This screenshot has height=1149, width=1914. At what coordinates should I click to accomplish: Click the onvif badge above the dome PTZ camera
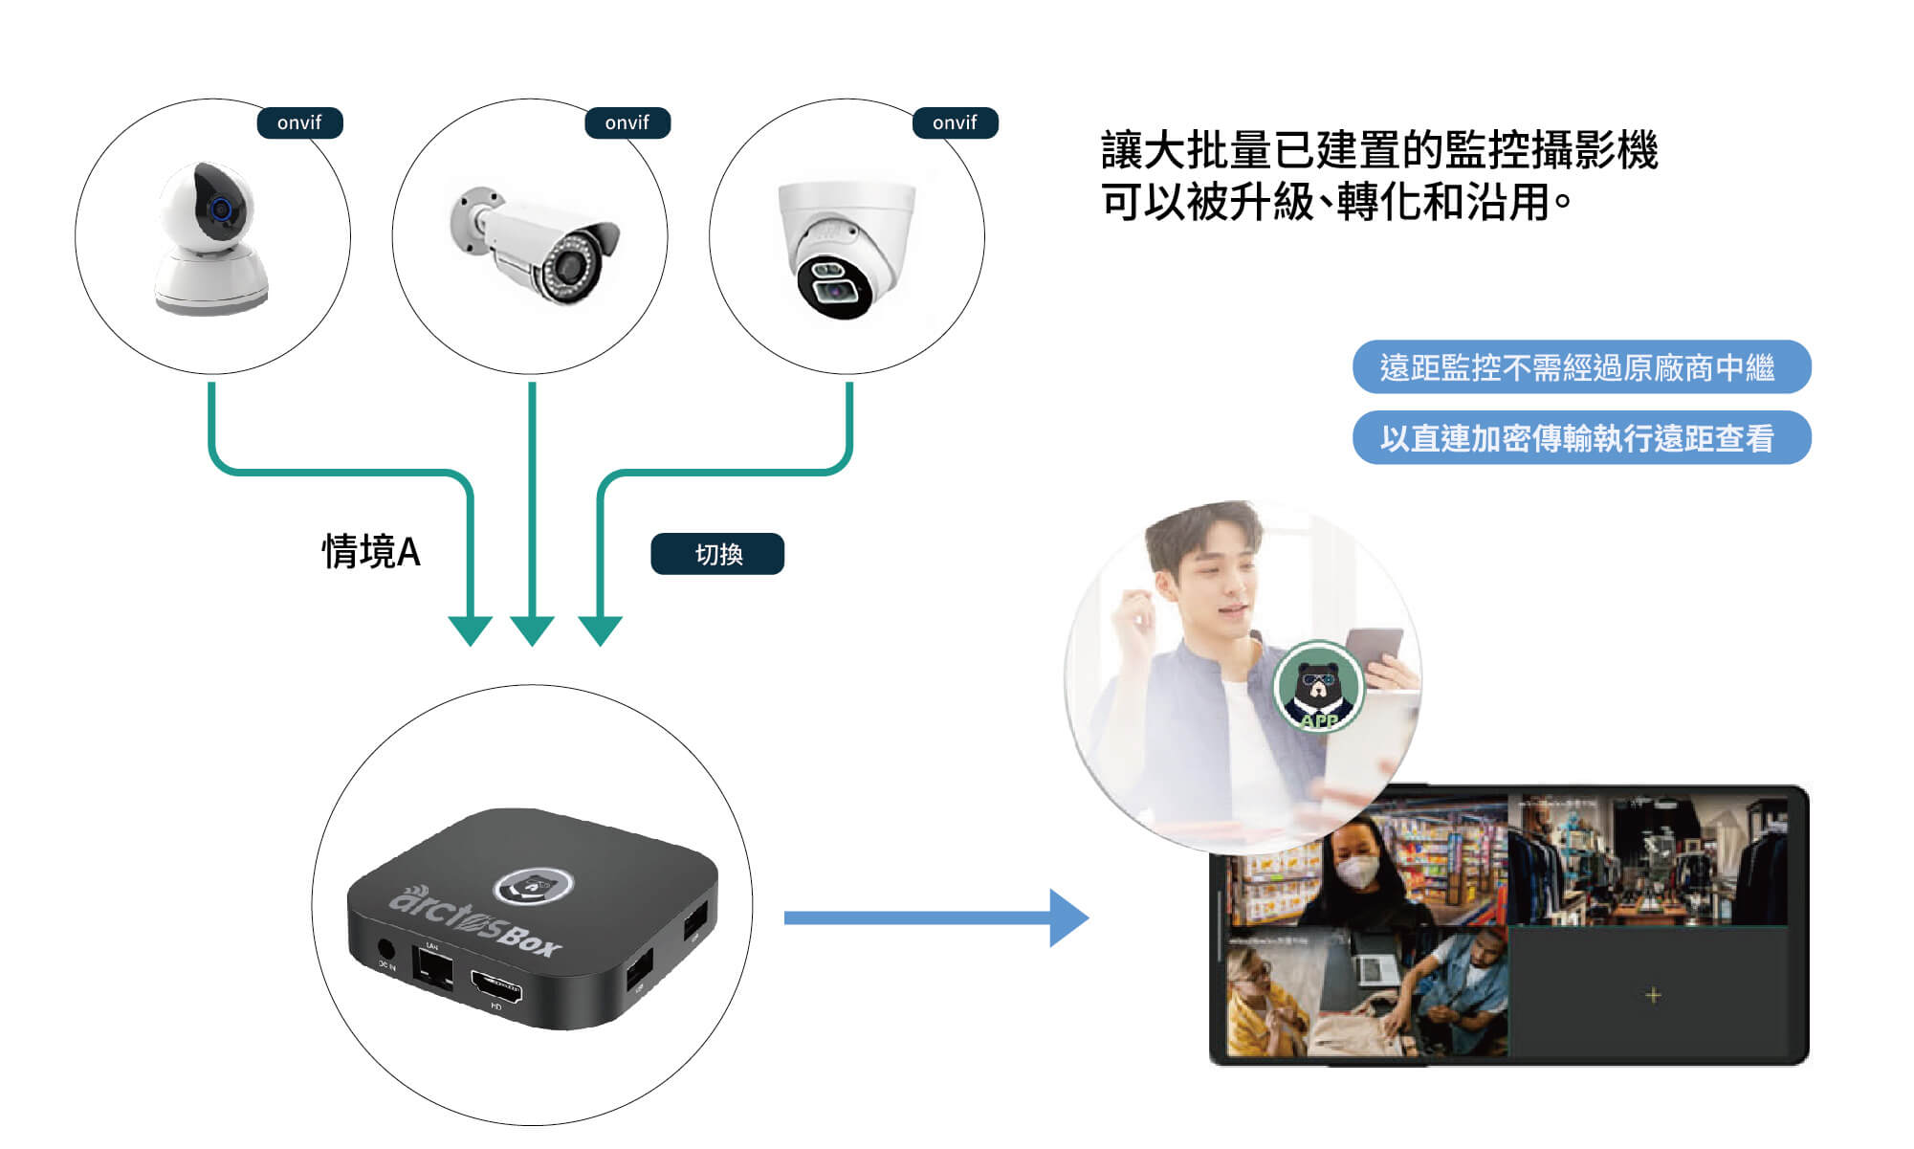coord(299,122)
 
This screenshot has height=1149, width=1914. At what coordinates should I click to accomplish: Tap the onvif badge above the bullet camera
coord(627,122)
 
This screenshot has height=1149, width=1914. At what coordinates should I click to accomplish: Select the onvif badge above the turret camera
coord(955,122)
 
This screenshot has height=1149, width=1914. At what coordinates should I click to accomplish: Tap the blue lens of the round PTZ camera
coord(221,209)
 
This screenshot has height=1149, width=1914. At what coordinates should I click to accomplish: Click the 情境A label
coord(371,552)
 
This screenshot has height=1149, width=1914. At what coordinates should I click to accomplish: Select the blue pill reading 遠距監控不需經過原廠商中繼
coord(1580,367)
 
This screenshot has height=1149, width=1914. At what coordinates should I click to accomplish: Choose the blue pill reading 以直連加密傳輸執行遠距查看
coord(1580,438)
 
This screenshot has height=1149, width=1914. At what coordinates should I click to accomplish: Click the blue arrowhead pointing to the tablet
coord(1067,917)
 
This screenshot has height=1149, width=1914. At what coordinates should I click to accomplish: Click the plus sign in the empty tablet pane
coord(1653,995)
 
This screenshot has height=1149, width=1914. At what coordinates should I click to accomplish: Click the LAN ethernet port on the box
coord(432,968)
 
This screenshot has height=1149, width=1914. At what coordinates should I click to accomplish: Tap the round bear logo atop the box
coord(533,885)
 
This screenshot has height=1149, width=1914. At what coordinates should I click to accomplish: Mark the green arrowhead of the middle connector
coord(532,630)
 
